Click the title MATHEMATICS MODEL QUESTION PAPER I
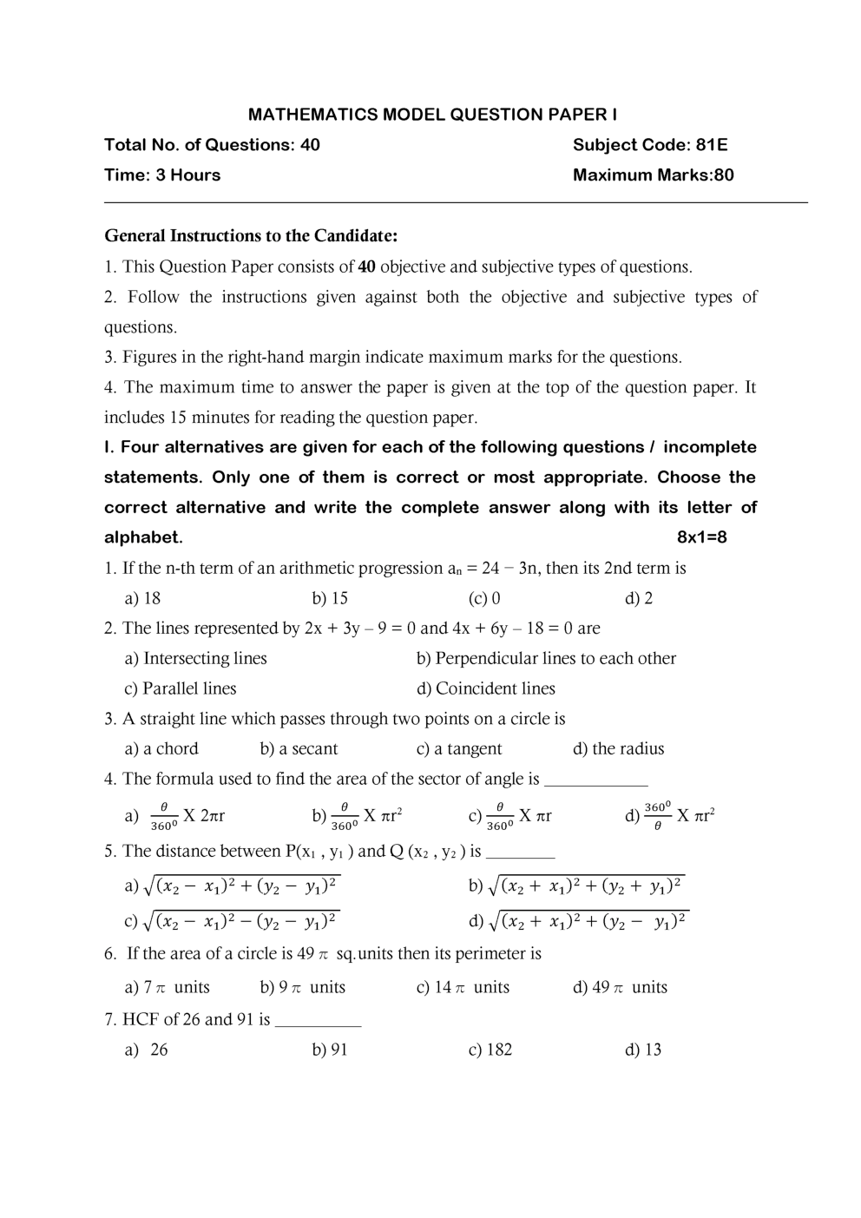[x=432, y=115]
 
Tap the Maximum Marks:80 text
[x=653, y=175]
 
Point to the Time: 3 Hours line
[x=162, y=175]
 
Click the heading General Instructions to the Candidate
[x=251, y=236]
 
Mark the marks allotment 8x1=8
[x=701, y=537]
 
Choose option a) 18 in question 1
[x=143, y=598]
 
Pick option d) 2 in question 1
[x=639, y=598]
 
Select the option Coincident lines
[x=486, y=688]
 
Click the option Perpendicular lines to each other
[x=546, y=658]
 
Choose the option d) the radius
[x=618, y=748]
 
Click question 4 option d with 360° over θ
[x=670, y=816]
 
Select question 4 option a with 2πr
[x=175, y=816]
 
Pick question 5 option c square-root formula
[x=232, y=920]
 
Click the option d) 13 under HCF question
[x=643, y=1050]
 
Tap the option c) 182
[x=490, y=1050]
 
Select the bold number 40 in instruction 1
[x=366, y=267]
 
